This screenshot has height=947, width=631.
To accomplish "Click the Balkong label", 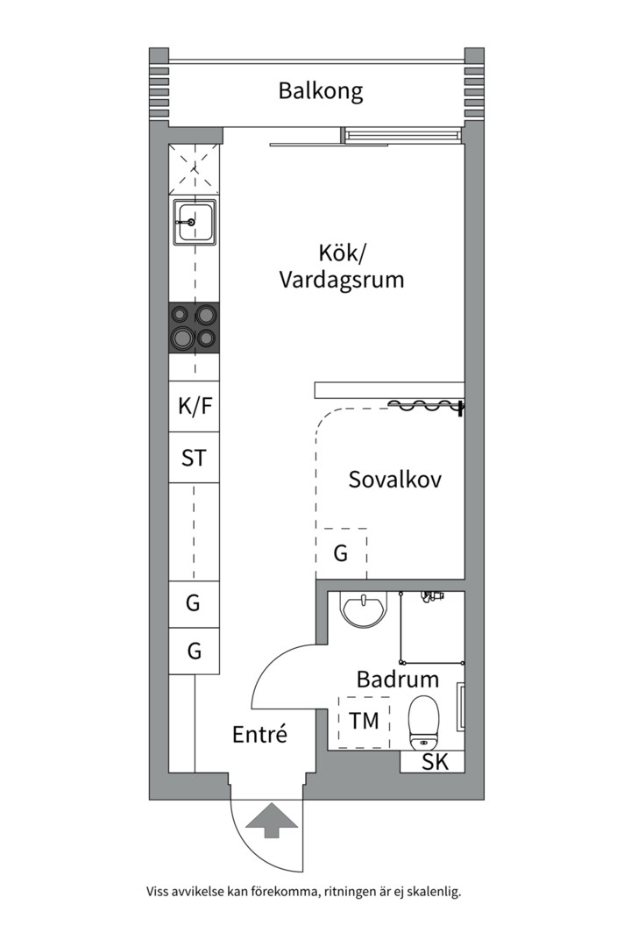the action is coord(321,91).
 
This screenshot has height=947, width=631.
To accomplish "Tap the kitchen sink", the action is coord(194,222).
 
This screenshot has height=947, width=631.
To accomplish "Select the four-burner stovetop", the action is coord(194,328).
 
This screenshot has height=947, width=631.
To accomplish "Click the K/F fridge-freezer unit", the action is coord(194,406).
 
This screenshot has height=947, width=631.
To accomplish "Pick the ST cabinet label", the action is coord(194,458).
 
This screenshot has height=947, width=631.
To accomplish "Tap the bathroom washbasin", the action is coord(363,610).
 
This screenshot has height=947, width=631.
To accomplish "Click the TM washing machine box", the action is coord(364,721).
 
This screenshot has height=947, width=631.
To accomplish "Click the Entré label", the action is coord(259,735).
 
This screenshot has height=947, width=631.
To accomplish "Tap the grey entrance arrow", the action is coord(272,820).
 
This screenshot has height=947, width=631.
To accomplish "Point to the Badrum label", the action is coord(397,679).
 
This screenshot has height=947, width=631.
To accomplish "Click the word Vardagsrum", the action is coord(341,280).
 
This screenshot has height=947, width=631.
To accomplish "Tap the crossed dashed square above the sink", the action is coord(194,170).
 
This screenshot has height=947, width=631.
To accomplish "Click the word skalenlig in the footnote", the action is coord(434,892).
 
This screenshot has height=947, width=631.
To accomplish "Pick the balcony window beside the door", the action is coord(401,136).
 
